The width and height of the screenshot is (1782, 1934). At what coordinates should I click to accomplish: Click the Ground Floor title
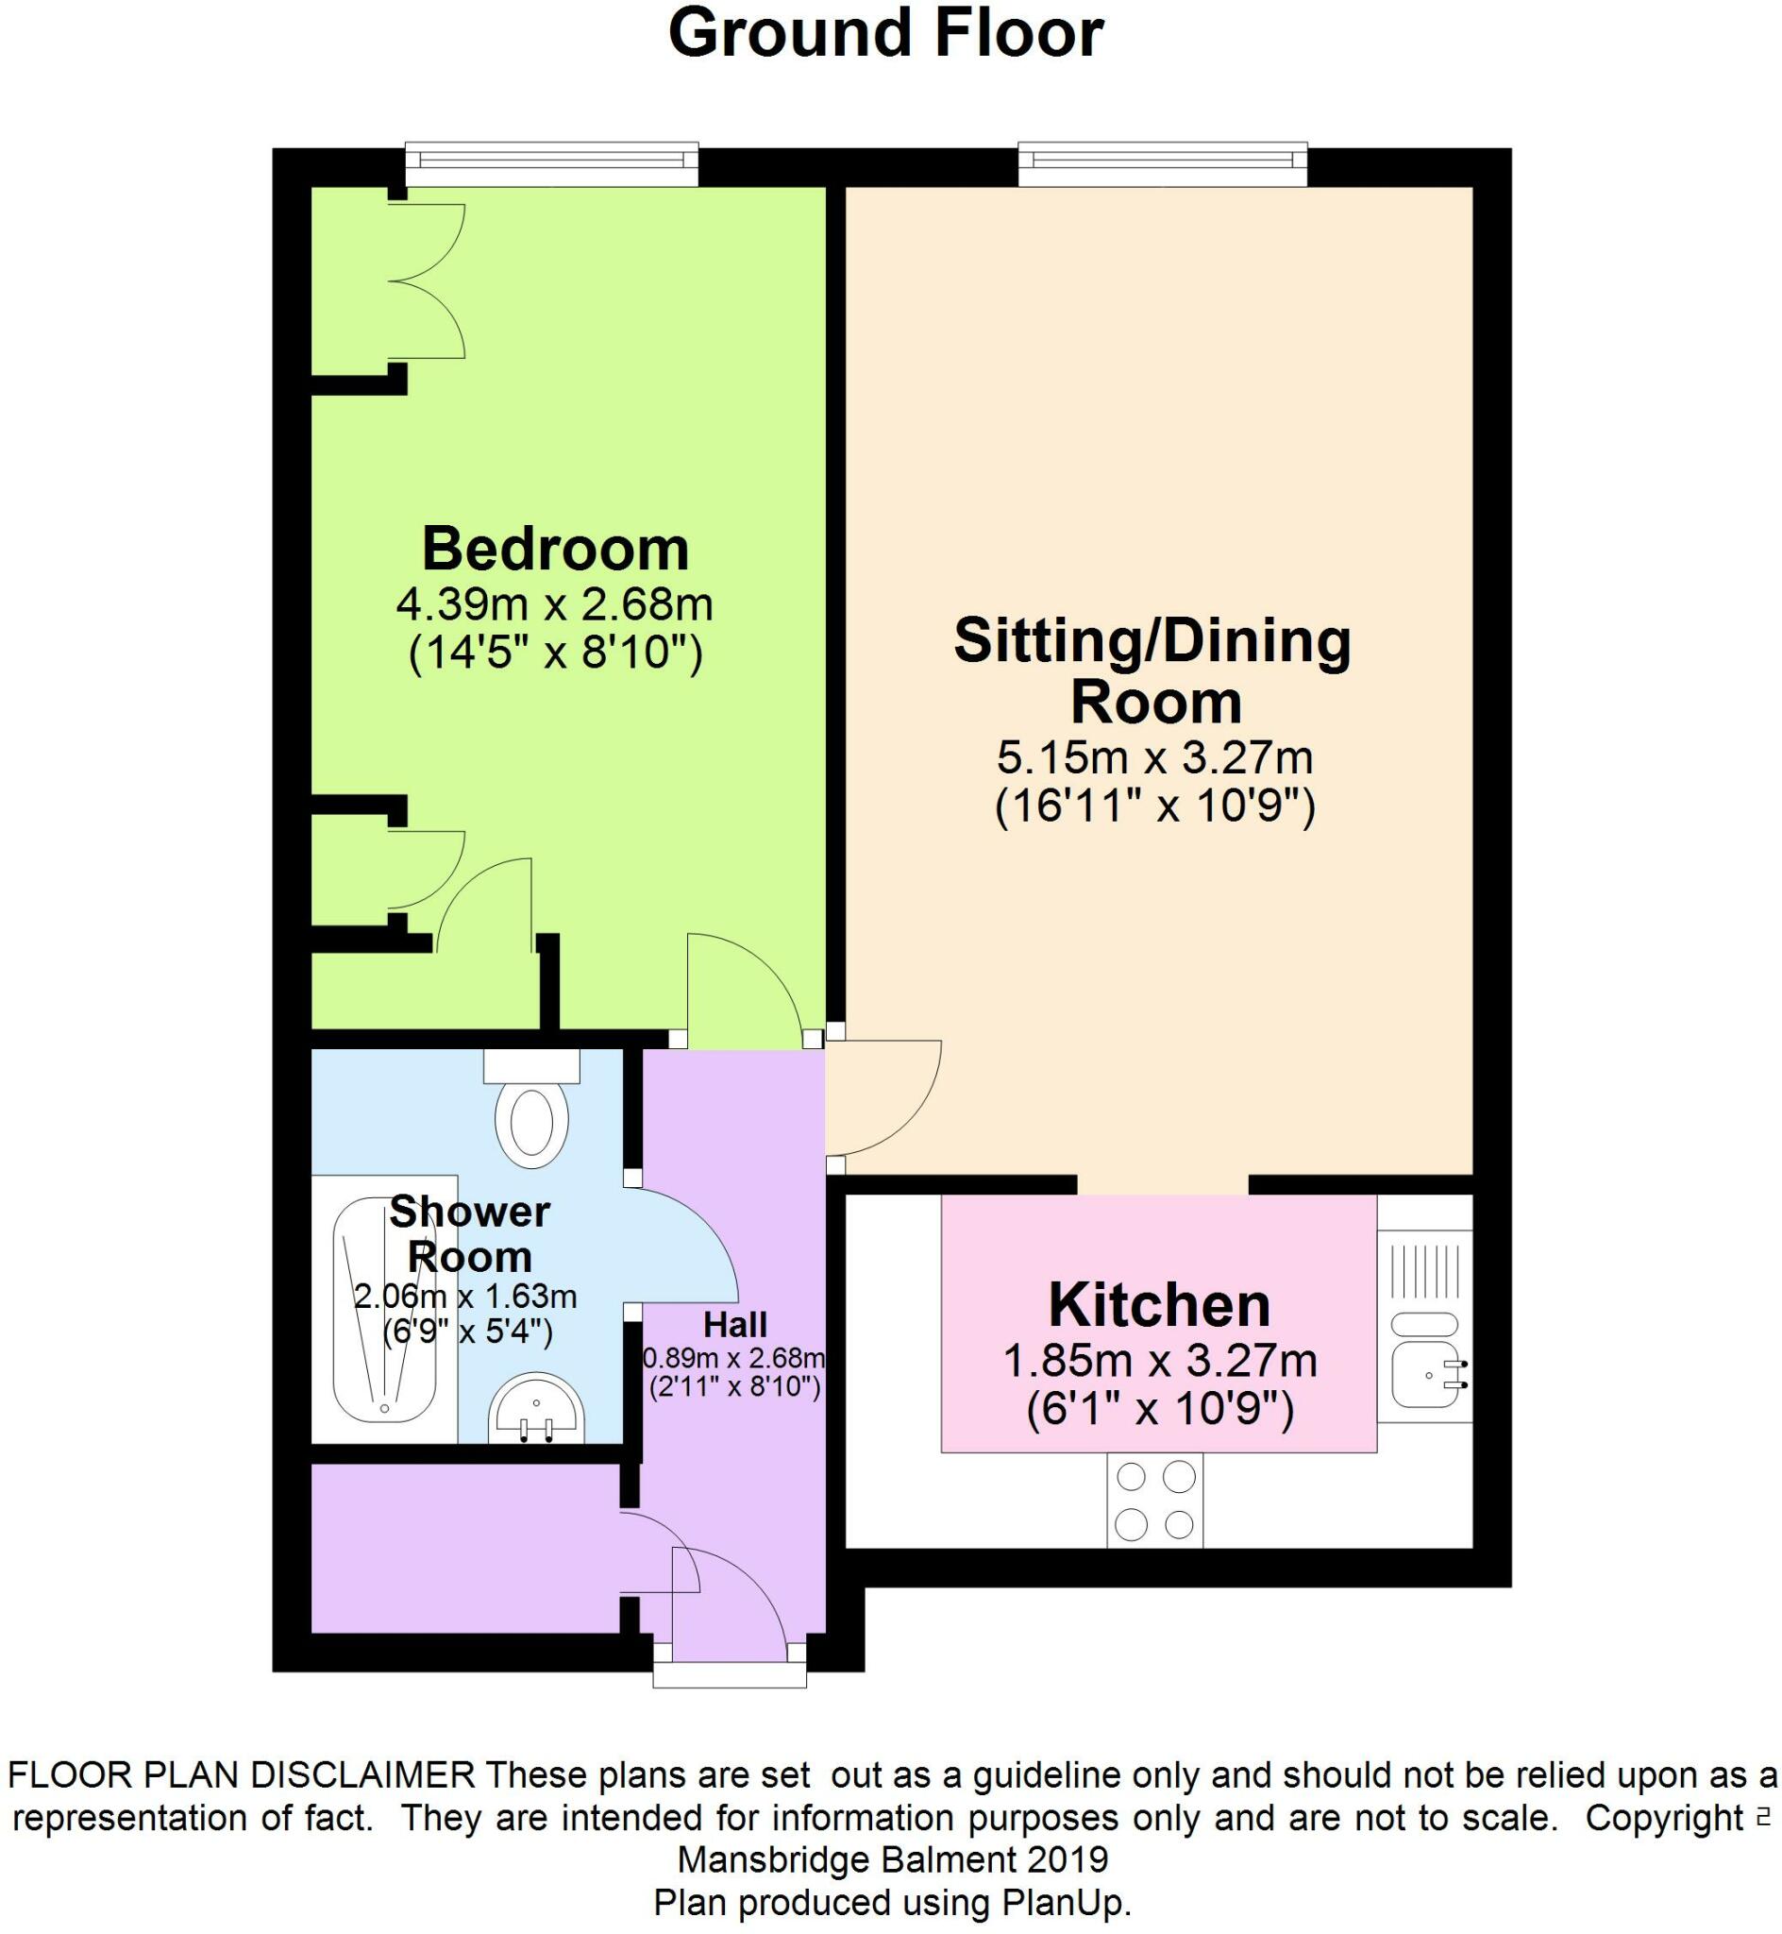coord(885,35)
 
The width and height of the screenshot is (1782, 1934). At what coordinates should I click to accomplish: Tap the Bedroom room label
coord(555,550)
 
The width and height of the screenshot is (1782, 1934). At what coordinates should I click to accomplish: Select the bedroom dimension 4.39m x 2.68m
coord(554,605)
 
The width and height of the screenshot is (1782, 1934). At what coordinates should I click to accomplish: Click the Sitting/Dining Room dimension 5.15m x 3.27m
coord(1154,757)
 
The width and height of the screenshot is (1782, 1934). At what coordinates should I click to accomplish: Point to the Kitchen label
coord(1159,1305)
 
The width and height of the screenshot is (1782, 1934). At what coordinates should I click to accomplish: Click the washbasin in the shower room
coord(536,1407)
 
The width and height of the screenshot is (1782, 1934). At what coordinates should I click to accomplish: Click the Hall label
coord(734,1325)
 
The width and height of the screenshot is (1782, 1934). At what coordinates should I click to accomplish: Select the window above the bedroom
coord(551,164)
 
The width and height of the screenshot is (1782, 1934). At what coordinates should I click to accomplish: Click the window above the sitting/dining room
coord(1163,164)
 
